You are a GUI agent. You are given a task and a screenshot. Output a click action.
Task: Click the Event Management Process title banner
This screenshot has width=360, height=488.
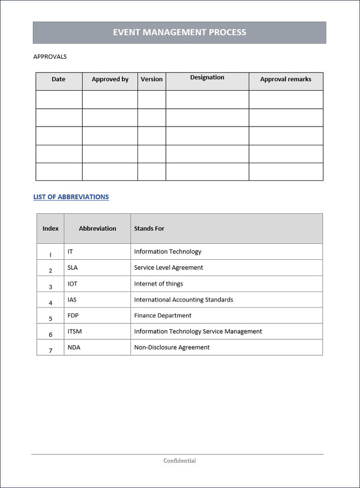pos(179,33)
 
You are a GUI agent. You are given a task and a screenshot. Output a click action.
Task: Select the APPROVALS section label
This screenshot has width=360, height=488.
pos(50,57)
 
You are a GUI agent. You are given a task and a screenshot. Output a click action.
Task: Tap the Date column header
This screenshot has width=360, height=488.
pos(58,79)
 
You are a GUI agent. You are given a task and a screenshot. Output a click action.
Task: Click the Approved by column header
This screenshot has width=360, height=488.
pos(110,79)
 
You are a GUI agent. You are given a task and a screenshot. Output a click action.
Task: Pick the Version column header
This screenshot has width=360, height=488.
pos(151,79)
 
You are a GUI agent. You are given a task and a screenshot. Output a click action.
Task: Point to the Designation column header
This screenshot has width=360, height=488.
pos(207,78)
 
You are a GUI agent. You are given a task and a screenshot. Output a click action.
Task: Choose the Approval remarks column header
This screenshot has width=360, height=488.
pos(285,79)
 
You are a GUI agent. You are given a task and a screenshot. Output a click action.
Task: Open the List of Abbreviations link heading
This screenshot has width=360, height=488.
pos(71,197)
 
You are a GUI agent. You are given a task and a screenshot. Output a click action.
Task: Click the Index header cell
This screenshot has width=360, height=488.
pos(50,228)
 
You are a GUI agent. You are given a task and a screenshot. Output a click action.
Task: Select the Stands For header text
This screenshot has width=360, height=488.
pos(149,228)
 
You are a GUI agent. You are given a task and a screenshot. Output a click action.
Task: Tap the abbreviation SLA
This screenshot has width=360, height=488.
pos(72,267)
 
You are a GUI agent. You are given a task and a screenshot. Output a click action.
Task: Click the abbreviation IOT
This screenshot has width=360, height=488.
pos(72,283)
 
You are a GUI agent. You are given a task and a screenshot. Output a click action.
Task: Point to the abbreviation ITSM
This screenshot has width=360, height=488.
pos(74,331)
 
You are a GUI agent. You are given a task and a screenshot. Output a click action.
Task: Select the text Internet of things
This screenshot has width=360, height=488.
pos(158,283)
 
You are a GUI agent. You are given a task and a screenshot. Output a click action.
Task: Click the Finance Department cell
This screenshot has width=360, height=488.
pos(162,315)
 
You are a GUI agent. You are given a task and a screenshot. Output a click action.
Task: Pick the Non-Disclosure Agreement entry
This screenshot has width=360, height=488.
pos(171,347)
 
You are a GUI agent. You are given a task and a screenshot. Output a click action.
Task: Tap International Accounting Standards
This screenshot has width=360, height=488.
pos(183,299)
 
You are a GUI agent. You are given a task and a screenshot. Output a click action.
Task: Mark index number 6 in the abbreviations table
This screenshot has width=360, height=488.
pos(50,334)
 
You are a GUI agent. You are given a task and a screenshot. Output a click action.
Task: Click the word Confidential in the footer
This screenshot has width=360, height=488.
pos(179,460)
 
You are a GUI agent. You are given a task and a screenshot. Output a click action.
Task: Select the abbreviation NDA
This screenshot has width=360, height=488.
pos(73,347)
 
